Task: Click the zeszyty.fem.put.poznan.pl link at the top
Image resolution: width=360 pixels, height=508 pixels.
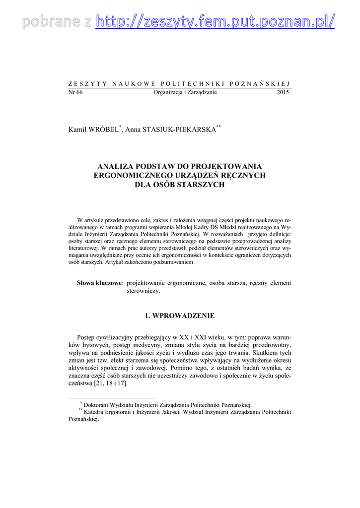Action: (215, 21)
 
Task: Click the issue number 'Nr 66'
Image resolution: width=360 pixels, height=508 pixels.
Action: (75, 92)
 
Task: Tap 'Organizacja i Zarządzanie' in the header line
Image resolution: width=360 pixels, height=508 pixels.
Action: (185, 92)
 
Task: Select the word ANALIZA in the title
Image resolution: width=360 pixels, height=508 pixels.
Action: (117, 166)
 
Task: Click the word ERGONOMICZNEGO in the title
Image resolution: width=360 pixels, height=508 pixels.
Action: (132, 176)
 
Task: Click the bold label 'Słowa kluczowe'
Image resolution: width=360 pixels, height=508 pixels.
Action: (99, 283)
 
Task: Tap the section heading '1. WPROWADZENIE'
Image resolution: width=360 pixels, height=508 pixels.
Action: (180, 316)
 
